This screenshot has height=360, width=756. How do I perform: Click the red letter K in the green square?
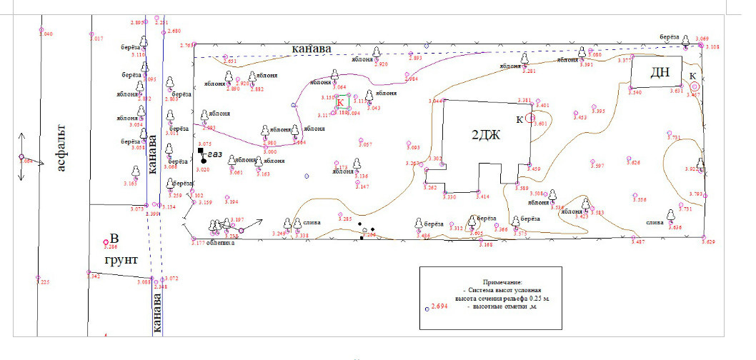click(341, 103)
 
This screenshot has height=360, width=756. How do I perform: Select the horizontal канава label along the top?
click(312, 49)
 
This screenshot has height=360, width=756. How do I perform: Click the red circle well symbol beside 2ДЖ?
click(530, 118)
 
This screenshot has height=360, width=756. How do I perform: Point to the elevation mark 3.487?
click(639, 243)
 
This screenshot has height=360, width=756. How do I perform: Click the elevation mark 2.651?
click(230, 62)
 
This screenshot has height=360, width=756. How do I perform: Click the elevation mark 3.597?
click(597, 166)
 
